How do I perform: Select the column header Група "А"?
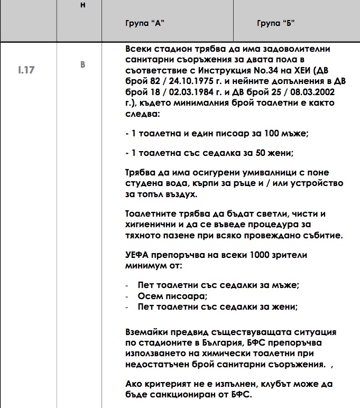pos(143,24)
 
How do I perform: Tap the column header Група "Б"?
pos(276,24)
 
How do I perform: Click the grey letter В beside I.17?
pos(82,64)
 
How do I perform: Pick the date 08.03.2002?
pos(312,92)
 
